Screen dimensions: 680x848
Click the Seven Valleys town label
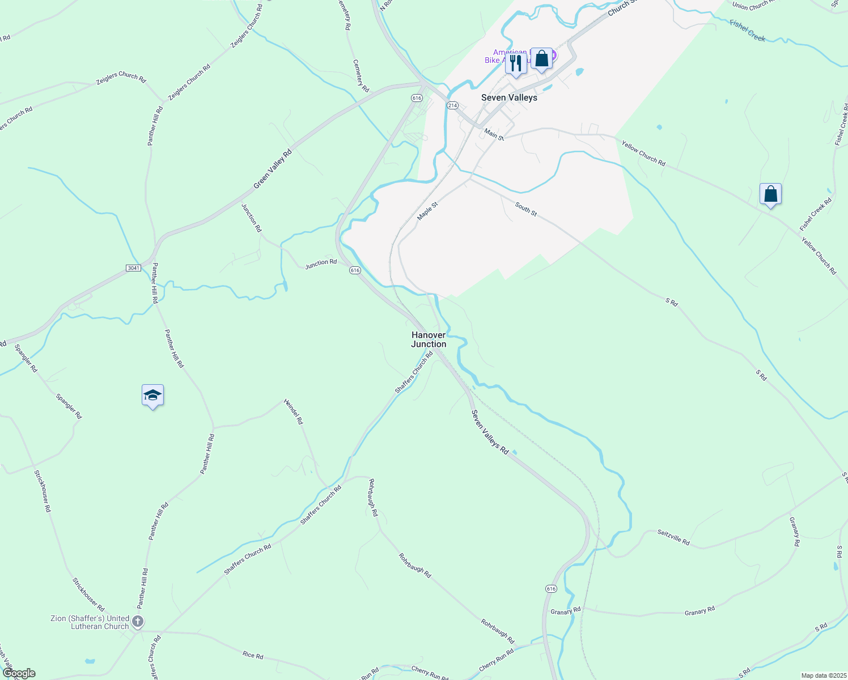509,97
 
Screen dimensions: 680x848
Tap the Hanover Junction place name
429,339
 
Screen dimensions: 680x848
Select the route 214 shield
452,105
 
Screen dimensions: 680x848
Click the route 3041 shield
133,268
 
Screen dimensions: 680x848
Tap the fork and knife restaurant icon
516,63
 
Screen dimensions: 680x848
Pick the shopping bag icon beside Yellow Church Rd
770,194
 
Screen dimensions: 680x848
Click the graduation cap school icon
152,395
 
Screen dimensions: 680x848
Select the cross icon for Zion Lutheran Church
138,622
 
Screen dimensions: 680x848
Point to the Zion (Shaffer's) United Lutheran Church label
90,622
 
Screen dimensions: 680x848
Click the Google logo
19,673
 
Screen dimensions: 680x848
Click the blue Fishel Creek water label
748,31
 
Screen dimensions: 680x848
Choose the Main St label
494,134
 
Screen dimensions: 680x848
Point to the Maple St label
427,211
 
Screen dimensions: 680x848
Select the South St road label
526,209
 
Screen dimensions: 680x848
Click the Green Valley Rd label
272,168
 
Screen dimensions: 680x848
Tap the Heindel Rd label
294,412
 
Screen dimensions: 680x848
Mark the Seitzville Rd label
673,537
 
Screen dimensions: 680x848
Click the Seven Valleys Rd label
490,432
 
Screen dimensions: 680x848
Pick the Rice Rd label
253,655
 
